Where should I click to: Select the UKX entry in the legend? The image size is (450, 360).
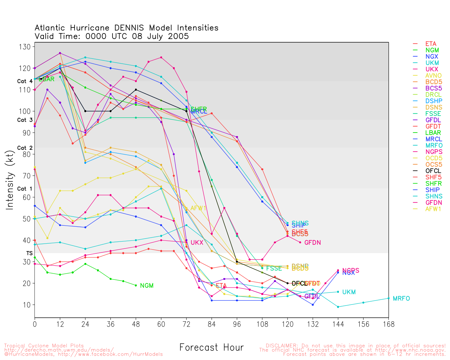[x=432, y=69]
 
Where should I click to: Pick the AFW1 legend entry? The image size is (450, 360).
[x=433, y=209]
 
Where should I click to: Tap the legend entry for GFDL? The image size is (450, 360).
[x=433, y=120]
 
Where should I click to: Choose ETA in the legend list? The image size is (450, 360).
[x=431, y=44]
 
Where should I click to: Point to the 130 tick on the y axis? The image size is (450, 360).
[x=27, y=47]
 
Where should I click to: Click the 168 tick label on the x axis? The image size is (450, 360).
[x=388, y=324]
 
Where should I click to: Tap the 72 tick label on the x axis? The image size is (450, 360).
[x=186, y=324]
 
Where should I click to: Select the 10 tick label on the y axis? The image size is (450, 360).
[x=27, y=305]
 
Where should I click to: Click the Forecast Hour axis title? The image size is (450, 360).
[x=211, y=348]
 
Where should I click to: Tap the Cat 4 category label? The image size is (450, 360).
[x=25, y=81]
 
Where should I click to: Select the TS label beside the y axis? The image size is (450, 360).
[x=29, y=253]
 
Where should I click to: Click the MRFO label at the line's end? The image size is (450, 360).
[x=401, y=298]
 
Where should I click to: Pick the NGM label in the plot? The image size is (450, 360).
[x=147, y=285]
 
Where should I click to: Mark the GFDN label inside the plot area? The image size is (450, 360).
[x=312, y=243]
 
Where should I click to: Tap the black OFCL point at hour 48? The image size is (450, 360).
[x=136, y=90]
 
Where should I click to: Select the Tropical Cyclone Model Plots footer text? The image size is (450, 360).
[x=44, y=346]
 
